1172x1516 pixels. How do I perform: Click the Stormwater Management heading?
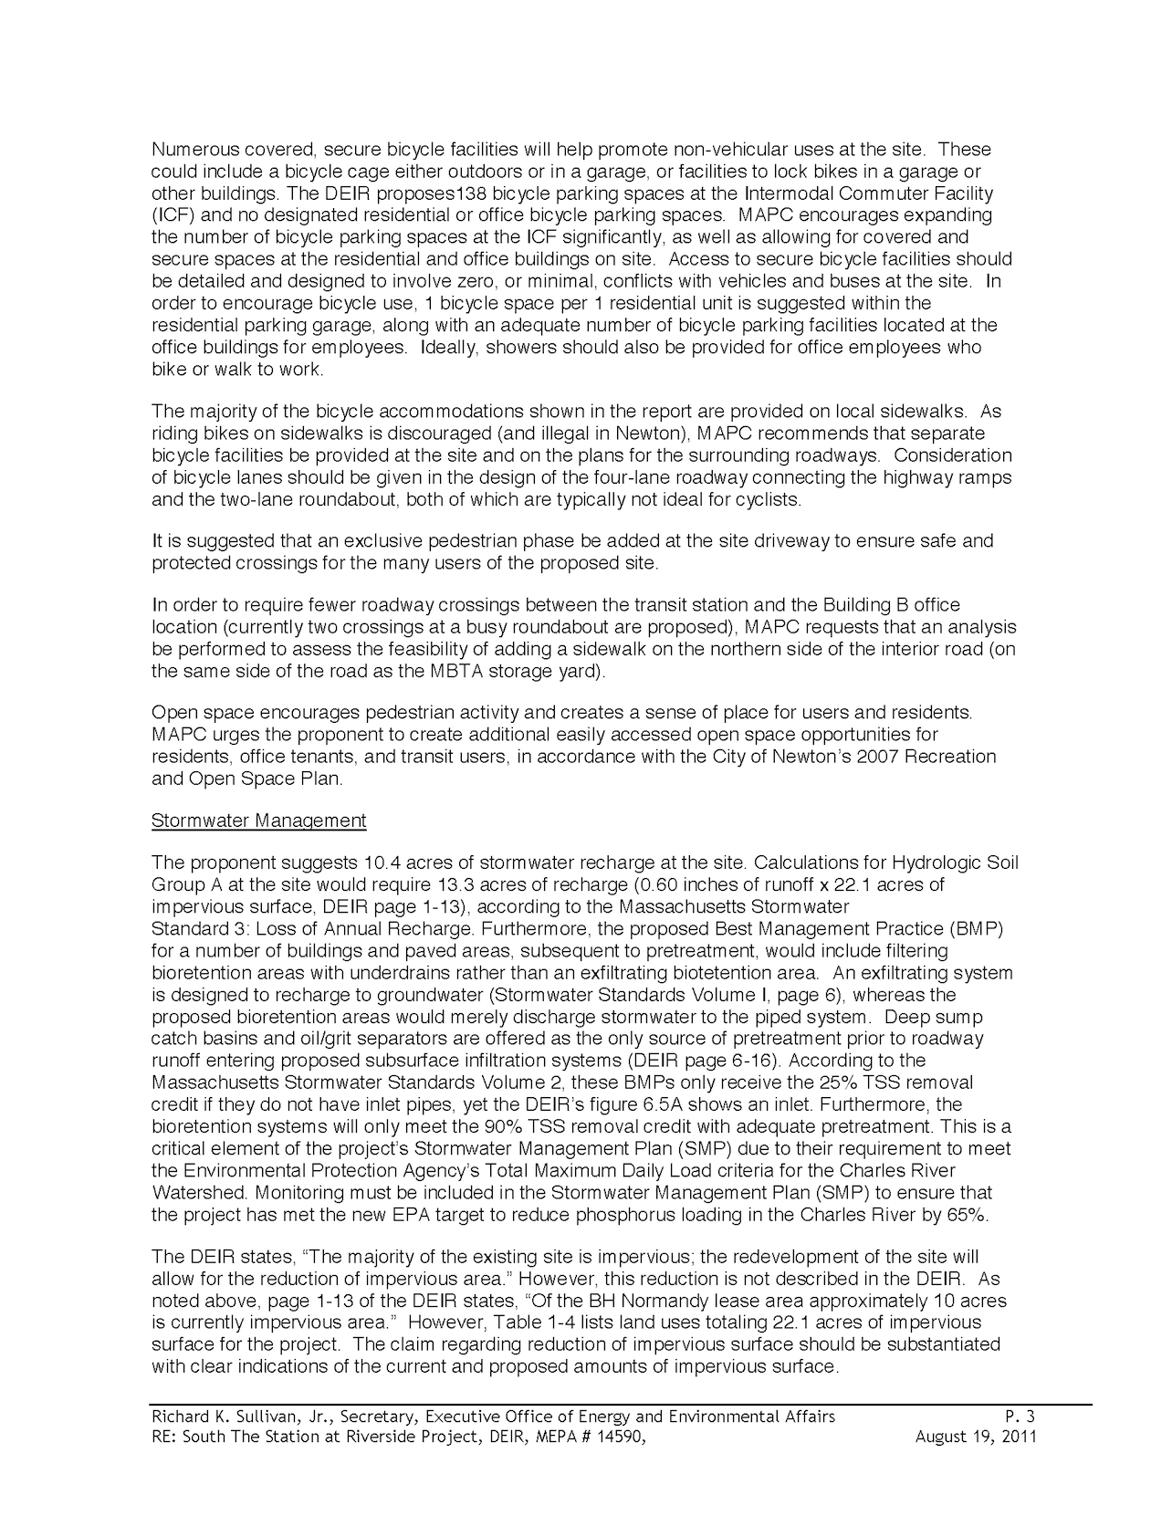[258, 821]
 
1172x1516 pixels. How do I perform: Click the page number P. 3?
[1020, 1417]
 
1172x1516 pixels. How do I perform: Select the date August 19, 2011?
[975, 1437]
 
